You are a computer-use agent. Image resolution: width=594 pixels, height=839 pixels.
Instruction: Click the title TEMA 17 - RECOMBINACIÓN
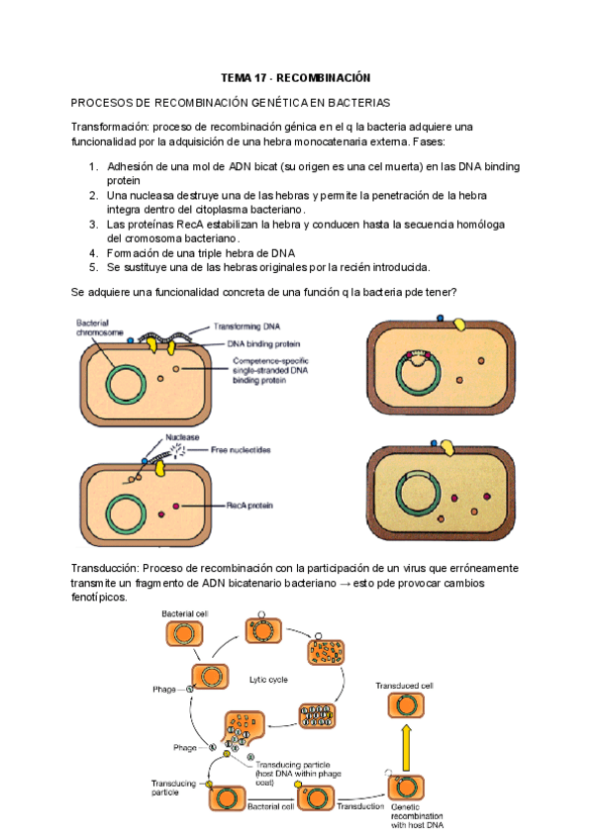pyautogui.click(x=294, y=78)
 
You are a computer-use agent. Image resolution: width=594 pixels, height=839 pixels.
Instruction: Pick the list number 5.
pyautogui.click(x=93, y=267)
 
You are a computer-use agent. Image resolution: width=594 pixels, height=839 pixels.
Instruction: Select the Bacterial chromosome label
pyautogui.click(x=100, y=327)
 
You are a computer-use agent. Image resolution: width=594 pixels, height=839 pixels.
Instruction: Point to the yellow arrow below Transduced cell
pyautogui.click(x=404, y=745)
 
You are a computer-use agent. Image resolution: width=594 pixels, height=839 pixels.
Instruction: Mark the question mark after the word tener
pyautogui.click(x=453, y=291)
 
